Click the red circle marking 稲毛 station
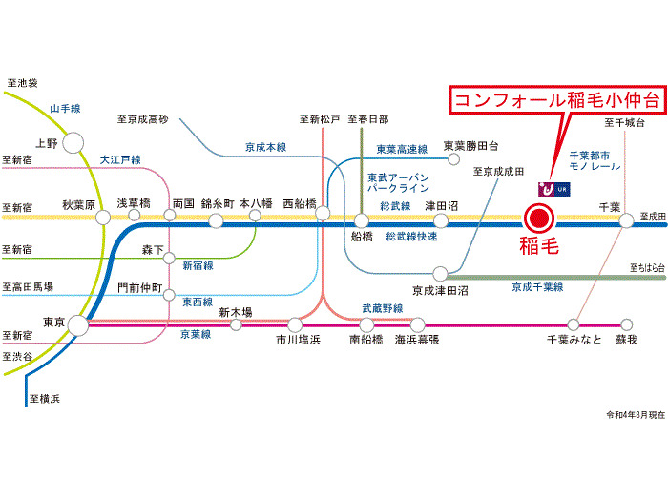[537, 219]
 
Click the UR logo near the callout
[554, 188]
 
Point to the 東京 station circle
[77, 326]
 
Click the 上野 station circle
[73, 143]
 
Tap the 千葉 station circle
[626, 220]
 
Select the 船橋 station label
[362, 238]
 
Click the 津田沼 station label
[442, 204]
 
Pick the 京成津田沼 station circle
[440, 273]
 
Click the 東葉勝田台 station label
[471, 146]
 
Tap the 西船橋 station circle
[324, 215]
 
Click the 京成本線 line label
[265, 147]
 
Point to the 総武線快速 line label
[411, 235]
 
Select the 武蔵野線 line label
[382, 307]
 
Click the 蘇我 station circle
[626, 324]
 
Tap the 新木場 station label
[235, 311]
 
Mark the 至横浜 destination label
[45, 398]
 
